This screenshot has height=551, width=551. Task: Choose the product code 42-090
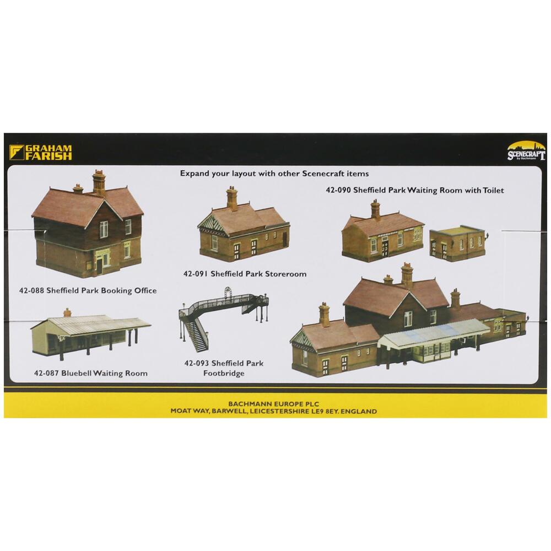pos(338,190)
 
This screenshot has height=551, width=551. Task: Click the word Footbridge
pos(223,373)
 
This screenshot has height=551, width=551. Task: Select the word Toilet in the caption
pos(490,190)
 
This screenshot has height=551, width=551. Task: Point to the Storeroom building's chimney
pos(232,198)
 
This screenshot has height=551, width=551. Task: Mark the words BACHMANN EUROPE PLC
pos(274,403)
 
